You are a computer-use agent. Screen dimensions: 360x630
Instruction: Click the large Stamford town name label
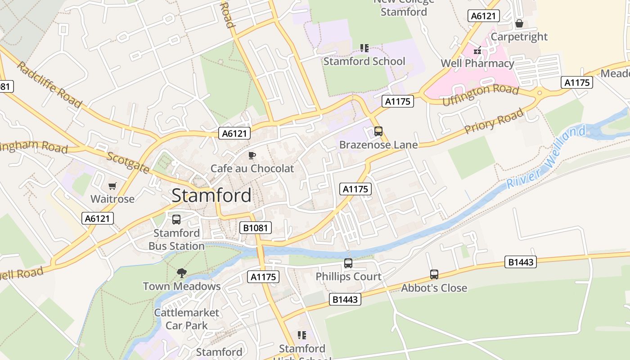[x=211, y=196]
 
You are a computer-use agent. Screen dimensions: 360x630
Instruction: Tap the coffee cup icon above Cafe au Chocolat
[x=252, y=156]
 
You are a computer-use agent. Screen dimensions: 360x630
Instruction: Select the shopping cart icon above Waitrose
[x=112, y=186]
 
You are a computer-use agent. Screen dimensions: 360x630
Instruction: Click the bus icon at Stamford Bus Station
[x=176, y=220]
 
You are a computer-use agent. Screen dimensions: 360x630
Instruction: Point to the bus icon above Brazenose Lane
[x=378, y=131]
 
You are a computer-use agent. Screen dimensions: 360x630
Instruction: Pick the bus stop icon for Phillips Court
[x=348, y=263]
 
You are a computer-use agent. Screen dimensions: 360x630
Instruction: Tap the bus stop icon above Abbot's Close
[x=434, y=274]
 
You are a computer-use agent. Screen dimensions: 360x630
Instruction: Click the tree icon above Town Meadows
[x=181, y=273]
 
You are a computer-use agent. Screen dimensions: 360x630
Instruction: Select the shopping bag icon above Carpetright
[x=519, y=23]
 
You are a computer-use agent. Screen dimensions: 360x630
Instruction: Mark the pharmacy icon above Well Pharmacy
[x=477, y=50]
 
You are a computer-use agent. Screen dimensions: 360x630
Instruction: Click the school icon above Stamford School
[x=364, y=48]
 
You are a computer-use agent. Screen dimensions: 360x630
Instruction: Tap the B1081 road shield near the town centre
[x=256, y=228]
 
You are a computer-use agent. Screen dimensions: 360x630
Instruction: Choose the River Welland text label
[x=546, y=157]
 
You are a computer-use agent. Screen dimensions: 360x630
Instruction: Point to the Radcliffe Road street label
[x=49, y=85]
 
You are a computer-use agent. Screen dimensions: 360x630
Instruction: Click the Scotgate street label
[x=128, y=162]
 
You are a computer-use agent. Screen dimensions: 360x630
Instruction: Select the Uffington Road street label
[x=481, y=95]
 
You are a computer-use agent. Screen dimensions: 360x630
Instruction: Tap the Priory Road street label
[x=494, y=121]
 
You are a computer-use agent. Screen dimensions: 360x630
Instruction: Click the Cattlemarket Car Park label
[x=187, y=319]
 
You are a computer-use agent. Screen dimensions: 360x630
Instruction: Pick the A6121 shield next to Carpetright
[x=484, y=16]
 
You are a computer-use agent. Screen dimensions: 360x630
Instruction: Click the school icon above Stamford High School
[x=301, y=335]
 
